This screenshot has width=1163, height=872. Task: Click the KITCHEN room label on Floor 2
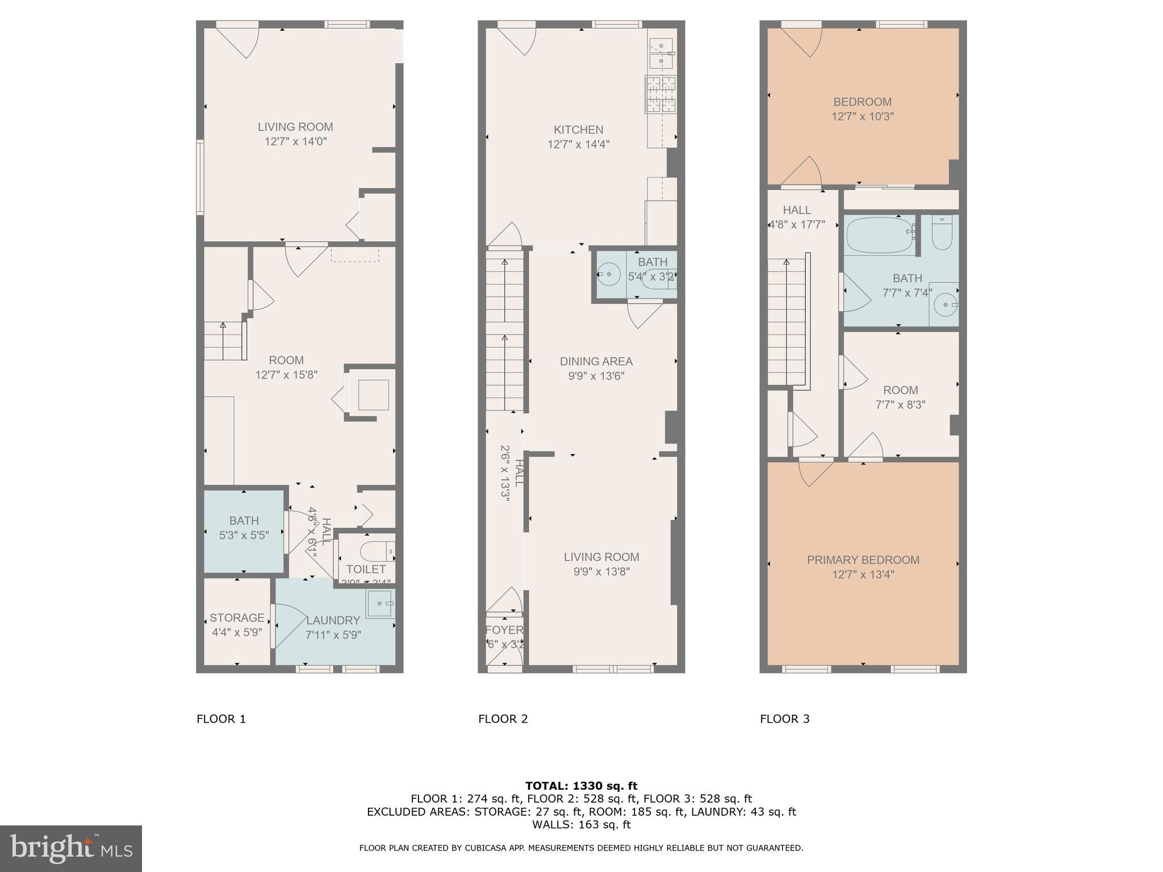click(578, 130)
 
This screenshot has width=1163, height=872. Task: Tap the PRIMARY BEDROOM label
click(863, 560)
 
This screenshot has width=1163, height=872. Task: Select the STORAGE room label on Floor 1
click(237, 618)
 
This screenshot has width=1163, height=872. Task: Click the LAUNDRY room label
click(333, 621)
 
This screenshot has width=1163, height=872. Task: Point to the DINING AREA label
click(596, 361)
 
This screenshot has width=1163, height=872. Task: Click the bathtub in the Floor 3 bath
click(880, 236)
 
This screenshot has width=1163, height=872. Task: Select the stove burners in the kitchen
click(661, 94)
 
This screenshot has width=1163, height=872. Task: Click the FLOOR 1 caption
click(221, 719)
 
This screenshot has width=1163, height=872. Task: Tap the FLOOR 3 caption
click(784, 719)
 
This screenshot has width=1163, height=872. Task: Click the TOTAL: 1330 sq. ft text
click(581, 786)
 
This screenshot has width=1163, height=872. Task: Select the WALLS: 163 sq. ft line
click(581, 824)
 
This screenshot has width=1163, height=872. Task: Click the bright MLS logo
click(70, 849)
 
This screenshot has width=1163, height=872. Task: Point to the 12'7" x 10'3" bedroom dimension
click(862, 116)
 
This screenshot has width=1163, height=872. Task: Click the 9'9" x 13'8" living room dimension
click(601, 572)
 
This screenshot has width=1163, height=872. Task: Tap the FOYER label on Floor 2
click(504, 630)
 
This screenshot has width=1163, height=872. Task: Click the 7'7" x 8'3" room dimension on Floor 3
click(900, 405)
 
